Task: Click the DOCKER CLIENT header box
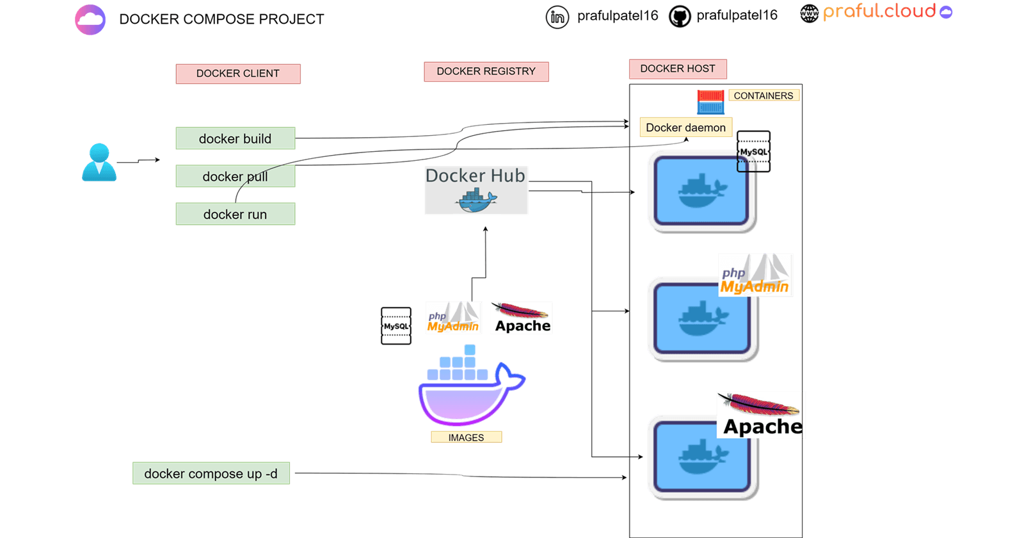pyautogui.click(x=238, y=74)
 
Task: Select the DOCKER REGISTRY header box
pyautogui.click(x=486, y=71)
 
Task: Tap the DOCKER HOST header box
pyautogui.click(x=678, y=69)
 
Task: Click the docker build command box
pyautogui.click(x=235, y=138)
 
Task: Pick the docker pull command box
pyautogui.click(x=235, y=176)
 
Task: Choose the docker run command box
pyautogui.click(x=235, y=214)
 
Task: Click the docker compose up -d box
pyautogui.click(x=211, y=473)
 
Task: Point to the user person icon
pyautogui.click(x=99, y=163)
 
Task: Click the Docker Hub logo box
pyautogui.click(x=476, y=190)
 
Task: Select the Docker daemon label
pyautogui.click(x=685, y=127)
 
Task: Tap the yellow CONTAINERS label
pyautogui.click(x=763, y=95)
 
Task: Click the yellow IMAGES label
pyautogui.click(x=466, y=437)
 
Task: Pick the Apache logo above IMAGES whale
pyautogui.click(x=522, y=318)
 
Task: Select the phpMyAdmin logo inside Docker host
pyautogui.click(x=755, y=275)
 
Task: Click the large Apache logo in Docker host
pyautogui.click(x=761, y=415)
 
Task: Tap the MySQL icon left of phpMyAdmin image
pyautogui.click(x=396, y=326)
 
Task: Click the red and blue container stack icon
pyautogui.click(x=710, y=102)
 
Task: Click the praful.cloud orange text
pyautogui.click(x=879, y=12)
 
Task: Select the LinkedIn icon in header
pyautogui.click(x=557, y=17)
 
